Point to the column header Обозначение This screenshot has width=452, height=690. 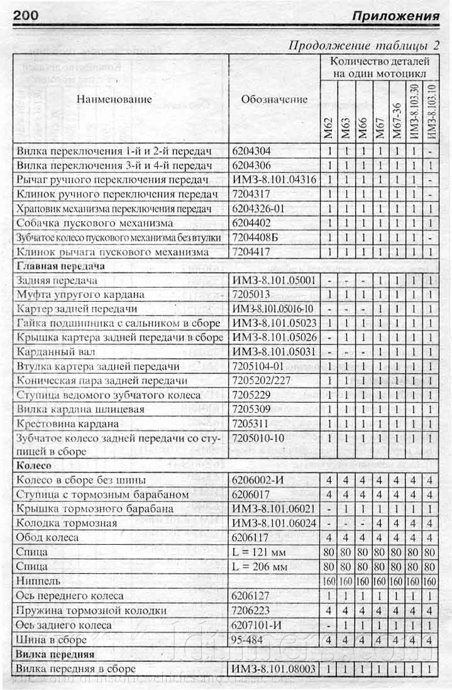tap(274, 99)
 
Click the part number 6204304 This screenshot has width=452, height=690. tap(252, 151)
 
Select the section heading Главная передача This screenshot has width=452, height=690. tap(60, 266)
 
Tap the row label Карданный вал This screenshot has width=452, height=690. tap(56, 352)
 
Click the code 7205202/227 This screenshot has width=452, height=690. tap(262, 381)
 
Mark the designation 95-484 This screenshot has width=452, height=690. tap(249, 640)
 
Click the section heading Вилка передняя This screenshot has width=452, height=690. tap(57, 655)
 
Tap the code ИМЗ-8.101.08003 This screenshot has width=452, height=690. tap(274, 669)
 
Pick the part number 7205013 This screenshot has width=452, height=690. tap(252, 295)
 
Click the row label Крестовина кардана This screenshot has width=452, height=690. tap(69, 424)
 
